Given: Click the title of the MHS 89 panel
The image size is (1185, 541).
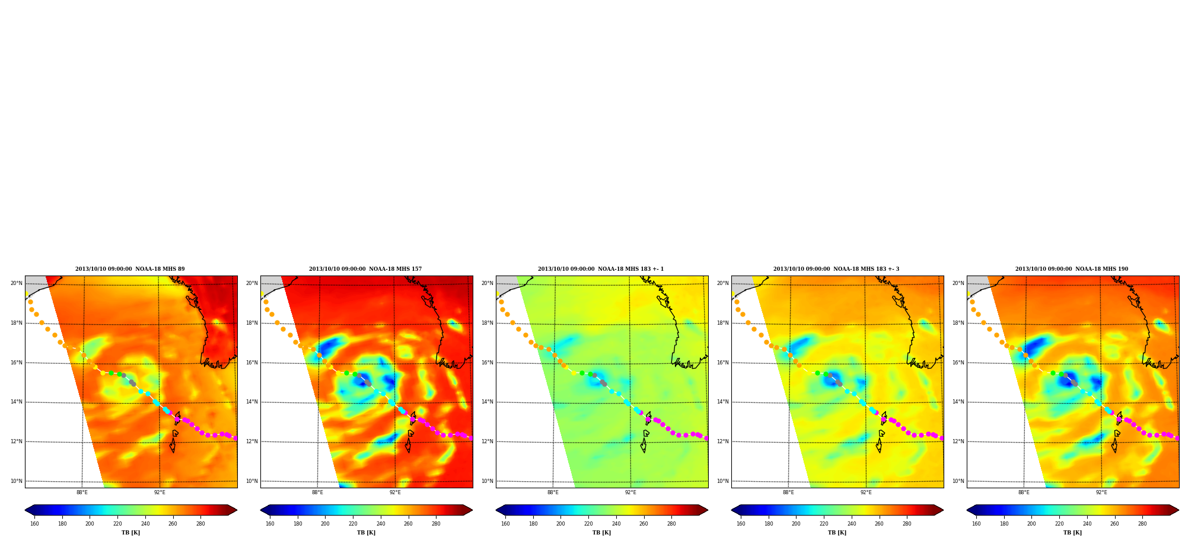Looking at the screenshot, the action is (130, 269).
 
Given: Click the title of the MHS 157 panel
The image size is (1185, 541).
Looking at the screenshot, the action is (365, 269).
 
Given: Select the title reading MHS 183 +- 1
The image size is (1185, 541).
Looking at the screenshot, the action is (601, 269).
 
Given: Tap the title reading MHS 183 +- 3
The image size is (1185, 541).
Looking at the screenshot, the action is (836, 269).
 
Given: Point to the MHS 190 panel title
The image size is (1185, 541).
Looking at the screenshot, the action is (1072, 269).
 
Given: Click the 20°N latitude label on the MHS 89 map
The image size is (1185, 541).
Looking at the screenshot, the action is (17, 283).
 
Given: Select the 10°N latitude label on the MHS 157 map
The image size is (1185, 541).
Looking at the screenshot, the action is (252, 481).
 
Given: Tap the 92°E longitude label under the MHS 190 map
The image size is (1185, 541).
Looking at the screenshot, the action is (1101, 492).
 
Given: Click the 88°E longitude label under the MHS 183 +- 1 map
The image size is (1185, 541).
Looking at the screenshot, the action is (553, 492).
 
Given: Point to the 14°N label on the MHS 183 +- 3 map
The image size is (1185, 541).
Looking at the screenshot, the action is (723, 402).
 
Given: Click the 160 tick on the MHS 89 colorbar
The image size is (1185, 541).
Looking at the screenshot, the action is (34, 524).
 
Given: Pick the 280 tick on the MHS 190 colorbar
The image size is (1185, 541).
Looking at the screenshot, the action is (1142, 524).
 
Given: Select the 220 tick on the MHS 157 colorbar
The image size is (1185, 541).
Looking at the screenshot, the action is (353, 524).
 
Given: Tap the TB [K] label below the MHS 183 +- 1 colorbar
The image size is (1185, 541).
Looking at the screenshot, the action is (601, 533).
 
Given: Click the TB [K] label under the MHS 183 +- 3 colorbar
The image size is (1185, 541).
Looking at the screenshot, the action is (837, 533).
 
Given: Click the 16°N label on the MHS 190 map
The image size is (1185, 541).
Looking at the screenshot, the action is (958, 363).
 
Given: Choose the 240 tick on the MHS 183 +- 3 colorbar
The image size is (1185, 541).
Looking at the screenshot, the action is (852, 524).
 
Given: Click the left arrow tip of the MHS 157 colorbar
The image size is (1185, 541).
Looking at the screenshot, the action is (260, 510).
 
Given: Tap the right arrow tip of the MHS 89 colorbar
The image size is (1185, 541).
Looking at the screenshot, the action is (237, 510).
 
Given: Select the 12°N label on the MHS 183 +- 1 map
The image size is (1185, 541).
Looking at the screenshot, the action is (488, 441).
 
